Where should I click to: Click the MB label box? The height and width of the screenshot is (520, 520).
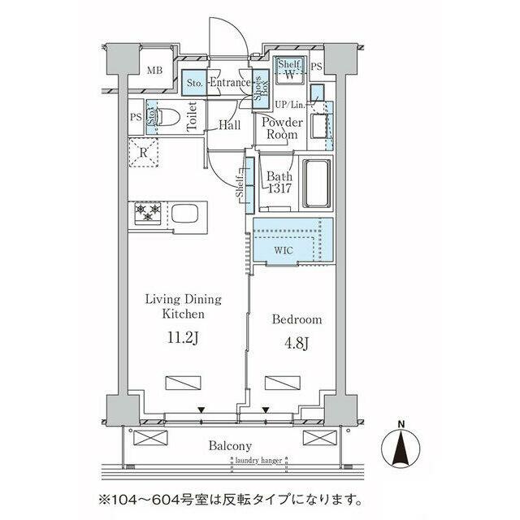tap(154, 70)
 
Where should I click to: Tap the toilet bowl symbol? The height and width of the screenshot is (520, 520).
tap(167, 118)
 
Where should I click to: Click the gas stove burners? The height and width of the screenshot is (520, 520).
tap(148, 213)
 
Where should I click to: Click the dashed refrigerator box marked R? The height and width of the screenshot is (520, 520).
tap(143, 152)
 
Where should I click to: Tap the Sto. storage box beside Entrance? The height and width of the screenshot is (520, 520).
tap(194, 83)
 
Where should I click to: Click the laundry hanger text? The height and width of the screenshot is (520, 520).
tap(258, 461)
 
